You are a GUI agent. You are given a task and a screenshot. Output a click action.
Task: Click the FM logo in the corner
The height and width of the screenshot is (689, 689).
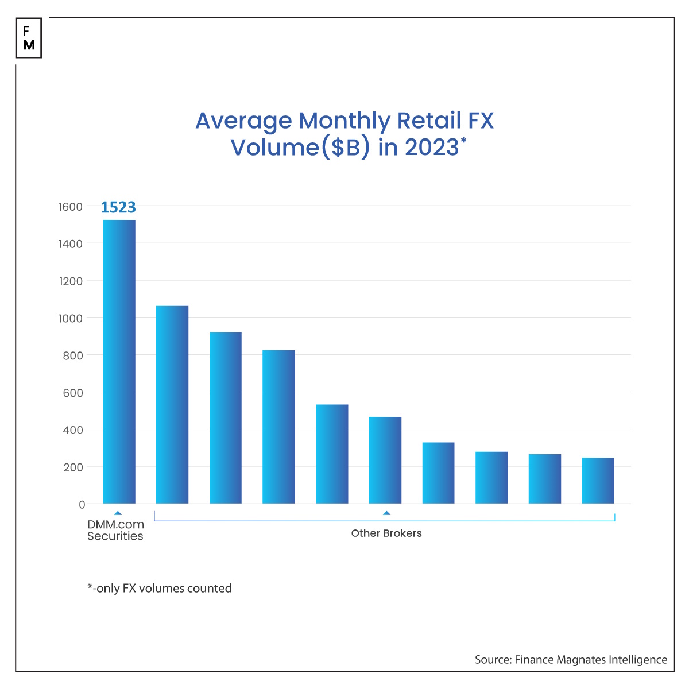coord(29,38)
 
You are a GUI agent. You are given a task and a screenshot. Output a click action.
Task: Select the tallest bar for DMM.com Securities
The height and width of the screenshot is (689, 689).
coord(119,362)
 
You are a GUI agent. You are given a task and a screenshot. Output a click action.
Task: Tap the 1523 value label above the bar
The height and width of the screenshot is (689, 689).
coord(118,207)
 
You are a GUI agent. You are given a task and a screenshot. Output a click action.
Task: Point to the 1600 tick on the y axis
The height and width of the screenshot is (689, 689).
coord(71,207)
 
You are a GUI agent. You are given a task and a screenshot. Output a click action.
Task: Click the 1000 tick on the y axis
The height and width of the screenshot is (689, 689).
coord(71,318)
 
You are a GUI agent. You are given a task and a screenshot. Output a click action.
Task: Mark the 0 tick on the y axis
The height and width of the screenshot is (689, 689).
coord(82,505)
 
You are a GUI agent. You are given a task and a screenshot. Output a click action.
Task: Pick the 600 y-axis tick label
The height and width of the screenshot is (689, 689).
coord(72,393)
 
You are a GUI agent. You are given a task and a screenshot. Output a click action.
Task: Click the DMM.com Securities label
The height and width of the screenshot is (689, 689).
coord(115,530)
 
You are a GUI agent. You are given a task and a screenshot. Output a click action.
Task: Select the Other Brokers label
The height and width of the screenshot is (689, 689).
coord(386,533)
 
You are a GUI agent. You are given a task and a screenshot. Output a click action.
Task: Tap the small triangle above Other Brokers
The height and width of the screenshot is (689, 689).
coord(386,513)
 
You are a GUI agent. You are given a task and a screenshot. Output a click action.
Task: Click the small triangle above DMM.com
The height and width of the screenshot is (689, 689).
coord(118,513)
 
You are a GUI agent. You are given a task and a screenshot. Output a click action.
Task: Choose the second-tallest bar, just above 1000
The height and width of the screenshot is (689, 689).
coord(172,405)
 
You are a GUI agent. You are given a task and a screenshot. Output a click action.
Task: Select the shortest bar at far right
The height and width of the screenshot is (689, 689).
coord(598,481)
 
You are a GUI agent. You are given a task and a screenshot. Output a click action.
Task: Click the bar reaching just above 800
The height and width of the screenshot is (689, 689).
coord(278,427)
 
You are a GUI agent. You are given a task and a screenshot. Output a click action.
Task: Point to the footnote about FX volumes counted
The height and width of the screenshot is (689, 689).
coord(160,588)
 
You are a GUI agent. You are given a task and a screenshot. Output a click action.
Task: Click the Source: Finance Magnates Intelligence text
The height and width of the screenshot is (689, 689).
coord(571,660)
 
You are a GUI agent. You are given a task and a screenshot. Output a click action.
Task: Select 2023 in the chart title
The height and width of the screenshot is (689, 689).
coord(432,148)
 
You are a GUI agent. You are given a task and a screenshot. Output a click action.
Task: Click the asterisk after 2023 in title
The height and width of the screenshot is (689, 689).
coord(463,139)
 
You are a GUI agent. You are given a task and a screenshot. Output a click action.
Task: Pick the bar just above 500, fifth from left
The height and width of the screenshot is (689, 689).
coord(332,454)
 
